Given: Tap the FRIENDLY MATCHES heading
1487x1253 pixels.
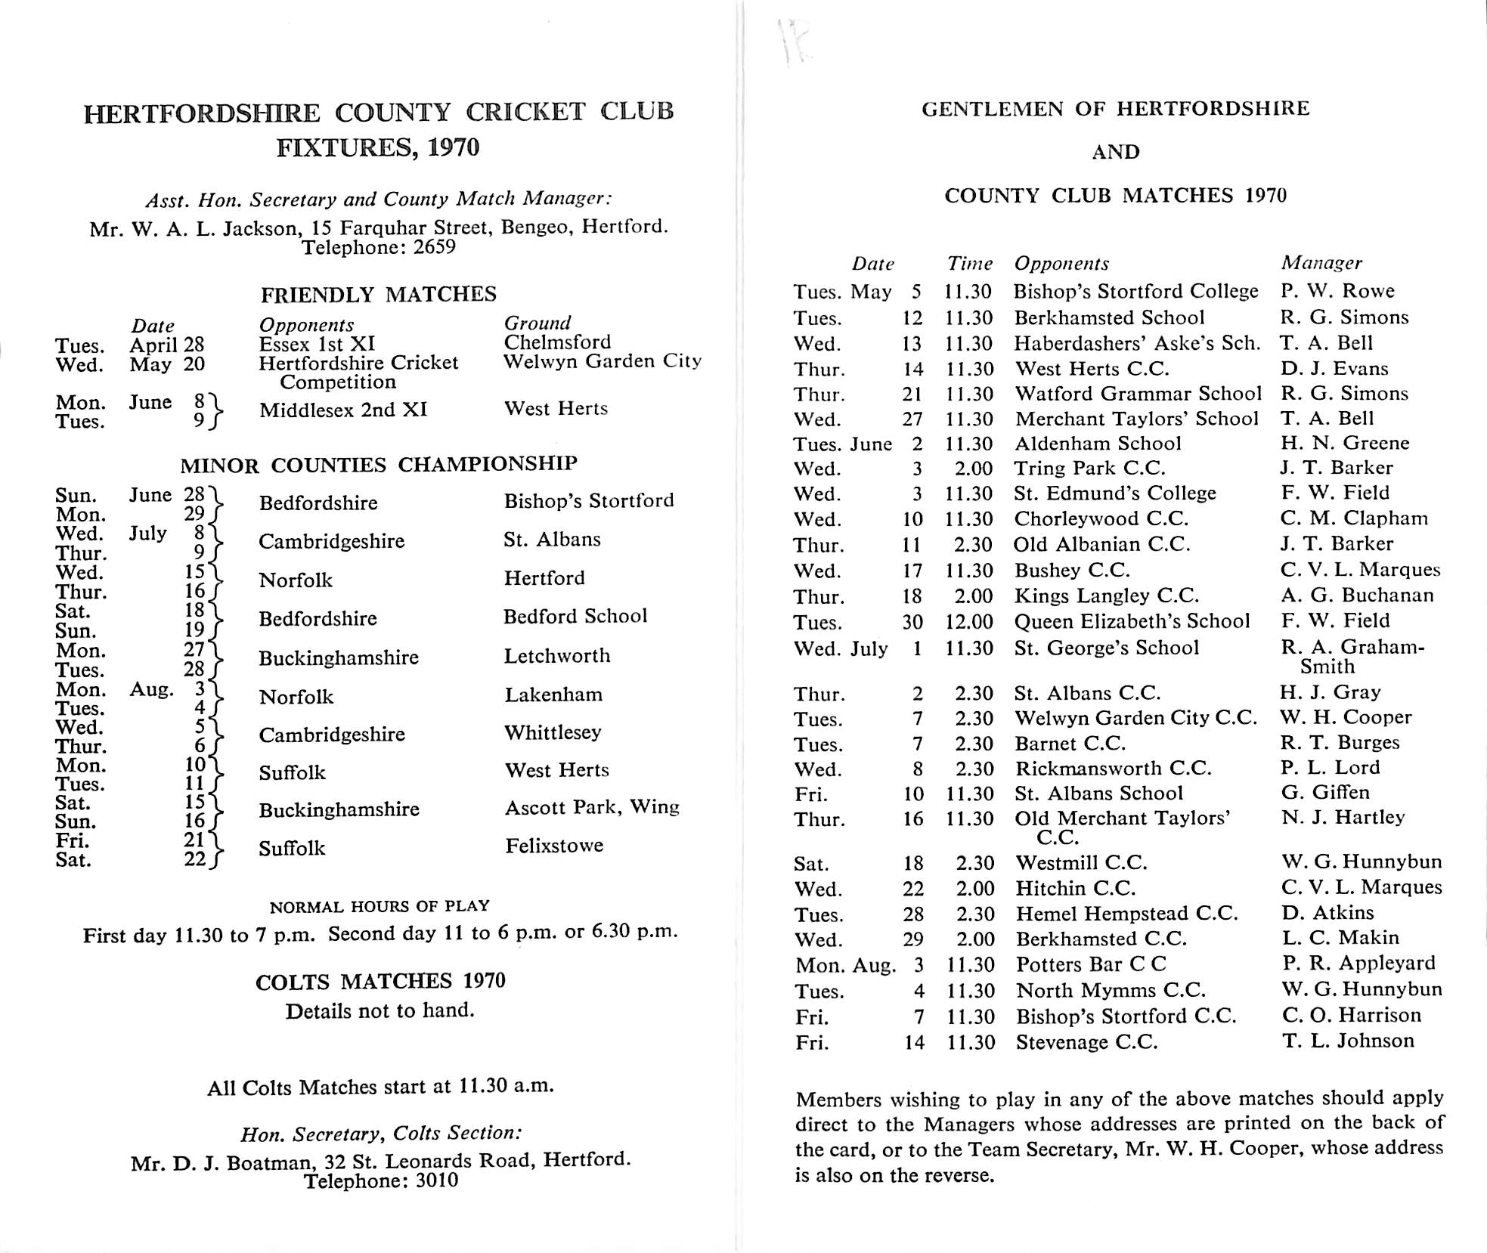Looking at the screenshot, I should (379, 294).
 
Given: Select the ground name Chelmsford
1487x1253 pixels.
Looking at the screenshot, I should (557, 342).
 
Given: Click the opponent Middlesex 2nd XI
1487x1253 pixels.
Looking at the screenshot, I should (343, 410).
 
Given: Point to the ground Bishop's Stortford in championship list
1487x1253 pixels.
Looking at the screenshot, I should (589, 501).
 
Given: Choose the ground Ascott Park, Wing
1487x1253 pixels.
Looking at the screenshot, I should (592, 807).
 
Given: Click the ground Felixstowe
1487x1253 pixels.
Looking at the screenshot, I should (554, 845).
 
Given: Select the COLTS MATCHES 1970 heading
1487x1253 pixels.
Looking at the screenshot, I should (380, 982).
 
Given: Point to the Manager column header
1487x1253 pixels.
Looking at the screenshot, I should (1321, 263).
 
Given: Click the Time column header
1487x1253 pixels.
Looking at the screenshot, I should (970, 264).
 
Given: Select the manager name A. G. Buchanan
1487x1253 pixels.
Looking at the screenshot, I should (1357, 596).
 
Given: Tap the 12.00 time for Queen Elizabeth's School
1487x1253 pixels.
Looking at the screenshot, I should (971, 622).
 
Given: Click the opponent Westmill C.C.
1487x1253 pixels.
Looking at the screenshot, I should (1081, 863).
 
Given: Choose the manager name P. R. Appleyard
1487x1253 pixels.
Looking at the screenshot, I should (1358, 964).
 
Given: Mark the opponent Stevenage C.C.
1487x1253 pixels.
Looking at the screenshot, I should (1086, 1043).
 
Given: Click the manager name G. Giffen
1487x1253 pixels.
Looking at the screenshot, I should (1325, 793).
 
